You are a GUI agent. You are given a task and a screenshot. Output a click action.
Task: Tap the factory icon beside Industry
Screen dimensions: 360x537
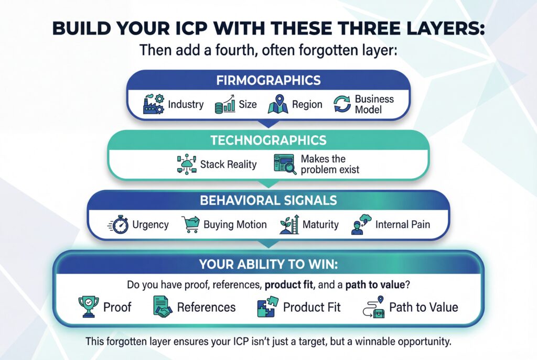[x=153, y=104]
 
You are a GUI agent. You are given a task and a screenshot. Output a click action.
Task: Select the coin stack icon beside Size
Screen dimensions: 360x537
[x=224, y=105]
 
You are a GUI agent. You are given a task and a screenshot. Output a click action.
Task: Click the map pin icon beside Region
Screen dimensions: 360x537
[x=278, y=104]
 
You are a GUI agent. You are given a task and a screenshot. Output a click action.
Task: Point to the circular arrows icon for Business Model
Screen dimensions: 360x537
[x=342, y=104]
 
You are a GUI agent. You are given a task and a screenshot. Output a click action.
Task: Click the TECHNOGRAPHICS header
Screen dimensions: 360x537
[x=268, y=140]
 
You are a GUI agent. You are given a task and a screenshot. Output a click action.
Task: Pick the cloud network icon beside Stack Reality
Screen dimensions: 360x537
[x=186, y=164]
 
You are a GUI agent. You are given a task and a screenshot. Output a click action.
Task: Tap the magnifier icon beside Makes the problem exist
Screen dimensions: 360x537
[x=284, y=164]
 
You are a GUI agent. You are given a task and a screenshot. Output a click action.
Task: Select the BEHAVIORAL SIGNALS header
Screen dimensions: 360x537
[x=268, y=201]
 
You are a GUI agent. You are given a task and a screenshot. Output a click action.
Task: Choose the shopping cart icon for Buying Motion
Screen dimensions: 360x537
[x=191, y=225]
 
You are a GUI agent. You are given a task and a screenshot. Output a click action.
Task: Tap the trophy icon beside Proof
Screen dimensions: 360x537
[x=88, y=307]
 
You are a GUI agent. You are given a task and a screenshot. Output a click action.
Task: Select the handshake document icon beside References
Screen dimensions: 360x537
[x=163, y=307]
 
